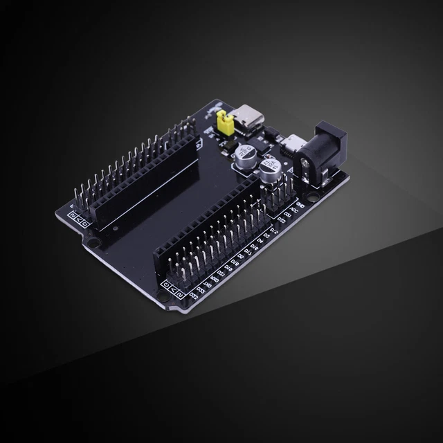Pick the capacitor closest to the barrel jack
click(271, 168)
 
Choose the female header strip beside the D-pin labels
click(208, 221)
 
